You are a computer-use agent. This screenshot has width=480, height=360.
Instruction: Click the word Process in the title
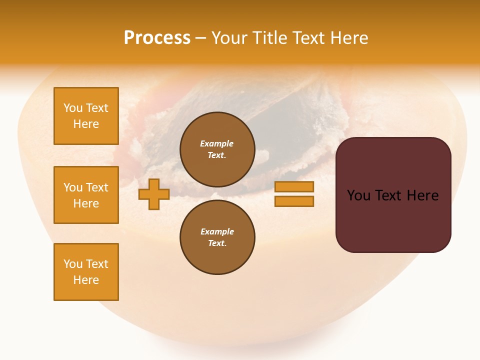click(157, 38)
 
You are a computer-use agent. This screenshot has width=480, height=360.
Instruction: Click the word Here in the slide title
click(348, 38)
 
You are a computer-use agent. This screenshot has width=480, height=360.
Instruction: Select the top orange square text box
click(86, 116)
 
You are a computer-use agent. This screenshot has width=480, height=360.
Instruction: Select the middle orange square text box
click(86, 195)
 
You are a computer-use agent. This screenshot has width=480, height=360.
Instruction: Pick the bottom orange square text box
click(86, 272)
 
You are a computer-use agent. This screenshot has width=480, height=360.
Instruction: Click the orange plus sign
click(154, 194)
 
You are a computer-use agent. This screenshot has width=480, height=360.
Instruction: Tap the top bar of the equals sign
click(294, 186)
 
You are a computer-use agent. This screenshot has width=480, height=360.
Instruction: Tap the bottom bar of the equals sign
click(294, 201)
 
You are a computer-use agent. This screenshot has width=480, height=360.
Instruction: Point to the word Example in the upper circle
click(217, 143)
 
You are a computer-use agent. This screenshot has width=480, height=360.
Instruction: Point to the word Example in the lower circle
click(217, 231)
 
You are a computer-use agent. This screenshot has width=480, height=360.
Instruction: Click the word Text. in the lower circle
click(217, 243)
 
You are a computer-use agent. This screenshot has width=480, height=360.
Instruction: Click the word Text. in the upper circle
click(217, 155)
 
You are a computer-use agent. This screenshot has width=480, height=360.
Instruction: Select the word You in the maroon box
click(358, 195)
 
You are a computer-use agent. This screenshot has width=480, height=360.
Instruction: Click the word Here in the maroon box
click(422, 195)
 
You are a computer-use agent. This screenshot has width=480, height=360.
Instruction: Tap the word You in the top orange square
click(73, 108)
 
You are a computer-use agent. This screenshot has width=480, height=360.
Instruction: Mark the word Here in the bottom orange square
click(86, 280)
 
